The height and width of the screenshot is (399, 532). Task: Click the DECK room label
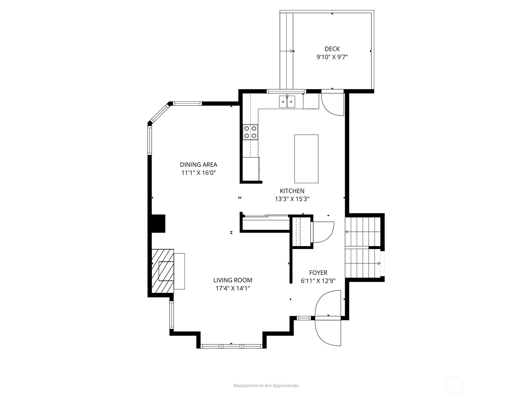(x=332, y=49)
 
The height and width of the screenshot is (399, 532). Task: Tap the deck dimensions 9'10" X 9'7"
(x=332, y=57)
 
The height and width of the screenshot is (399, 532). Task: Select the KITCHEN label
(x=292, y=191)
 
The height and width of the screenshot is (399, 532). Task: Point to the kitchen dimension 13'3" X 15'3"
(x=292, y=199)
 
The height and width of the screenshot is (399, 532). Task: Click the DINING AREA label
(x=199, y=165)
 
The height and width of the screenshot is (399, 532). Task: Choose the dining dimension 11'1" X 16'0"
(x=199, y=173)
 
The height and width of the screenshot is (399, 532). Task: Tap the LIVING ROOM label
(x=233, y=280)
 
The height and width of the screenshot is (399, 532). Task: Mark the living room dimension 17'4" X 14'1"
(x=233, y=289)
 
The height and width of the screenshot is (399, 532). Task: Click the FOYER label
(x=318, y=273)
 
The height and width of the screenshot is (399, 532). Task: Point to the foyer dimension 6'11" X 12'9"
(x=318, y=281)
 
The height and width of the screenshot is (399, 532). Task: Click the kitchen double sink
(x=287, y=101)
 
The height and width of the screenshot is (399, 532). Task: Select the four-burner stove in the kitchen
(x=250, y=132)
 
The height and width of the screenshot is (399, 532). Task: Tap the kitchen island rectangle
(x=306, y=159)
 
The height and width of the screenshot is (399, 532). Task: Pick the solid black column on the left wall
(x=158, y=223)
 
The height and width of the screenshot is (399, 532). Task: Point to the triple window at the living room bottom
(x=231, y=346)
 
